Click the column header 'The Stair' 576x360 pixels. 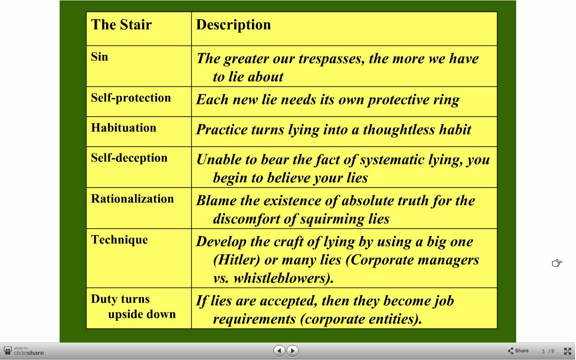[121, 25]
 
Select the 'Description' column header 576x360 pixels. [234, 25]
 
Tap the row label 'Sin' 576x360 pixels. [99, 57]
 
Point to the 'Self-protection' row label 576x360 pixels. [131, 98]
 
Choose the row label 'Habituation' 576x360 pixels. [124, 128]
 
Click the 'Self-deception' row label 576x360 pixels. [129, 158]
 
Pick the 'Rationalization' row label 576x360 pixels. [132, 199]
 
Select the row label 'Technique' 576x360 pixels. [120, 240]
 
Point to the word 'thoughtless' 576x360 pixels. [399, 129]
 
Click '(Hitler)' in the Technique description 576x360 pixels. [237, 260]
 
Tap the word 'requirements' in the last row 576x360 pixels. [255, 319]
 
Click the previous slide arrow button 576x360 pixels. [279, 351]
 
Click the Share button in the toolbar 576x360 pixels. [518, 351]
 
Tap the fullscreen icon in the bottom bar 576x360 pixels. [567, 351]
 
